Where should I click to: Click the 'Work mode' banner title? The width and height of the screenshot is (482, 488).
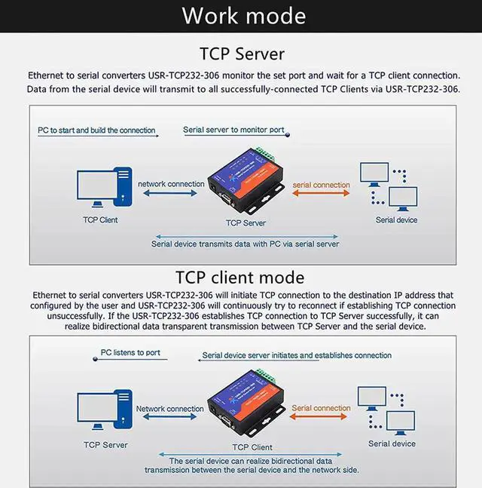coord(244,16)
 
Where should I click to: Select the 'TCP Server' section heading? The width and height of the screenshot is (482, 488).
coord(241,54)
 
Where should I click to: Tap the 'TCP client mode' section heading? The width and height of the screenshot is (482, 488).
coord(239,277)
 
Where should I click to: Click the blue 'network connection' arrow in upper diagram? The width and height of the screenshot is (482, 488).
coord(170,194)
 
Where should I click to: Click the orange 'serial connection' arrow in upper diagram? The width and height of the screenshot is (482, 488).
coord(321,194)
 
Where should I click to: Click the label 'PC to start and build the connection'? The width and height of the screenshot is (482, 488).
coord(96,130)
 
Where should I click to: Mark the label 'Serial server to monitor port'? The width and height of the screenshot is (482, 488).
coord(233,130)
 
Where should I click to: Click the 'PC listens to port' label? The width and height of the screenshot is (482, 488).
coord(130,352)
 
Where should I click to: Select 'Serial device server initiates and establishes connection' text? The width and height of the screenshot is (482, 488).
coord(297,355)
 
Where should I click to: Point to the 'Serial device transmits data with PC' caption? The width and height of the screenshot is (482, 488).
coord(245,244)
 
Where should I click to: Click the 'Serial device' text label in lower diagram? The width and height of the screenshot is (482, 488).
coord(392,443)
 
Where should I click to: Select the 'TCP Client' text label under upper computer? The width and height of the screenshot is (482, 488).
coord(100,220)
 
